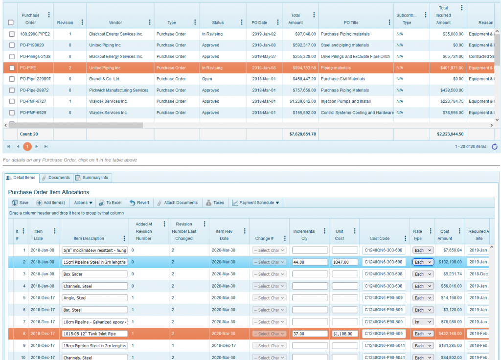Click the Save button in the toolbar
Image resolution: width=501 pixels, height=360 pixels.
point(20,202)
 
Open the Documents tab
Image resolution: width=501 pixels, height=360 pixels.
point(56,178)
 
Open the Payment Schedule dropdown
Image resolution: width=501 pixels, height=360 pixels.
point(256,202)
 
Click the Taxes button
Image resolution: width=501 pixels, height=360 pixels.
point(215,202)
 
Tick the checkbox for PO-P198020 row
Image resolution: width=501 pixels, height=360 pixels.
point(11,45)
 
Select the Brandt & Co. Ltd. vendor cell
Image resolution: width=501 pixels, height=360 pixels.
point(104,79)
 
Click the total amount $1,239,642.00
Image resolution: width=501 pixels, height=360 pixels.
point(299,101)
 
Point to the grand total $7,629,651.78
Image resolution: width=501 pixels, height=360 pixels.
point(299,134)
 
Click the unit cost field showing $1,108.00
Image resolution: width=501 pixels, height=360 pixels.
point(345,334)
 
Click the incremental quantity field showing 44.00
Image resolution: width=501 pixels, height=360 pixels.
point(310,262)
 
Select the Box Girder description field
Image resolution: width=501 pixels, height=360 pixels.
point(94,274)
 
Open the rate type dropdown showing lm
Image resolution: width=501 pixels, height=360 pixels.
point(423,322)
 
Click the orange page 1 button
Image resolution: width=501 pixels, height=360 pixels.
point(27,146)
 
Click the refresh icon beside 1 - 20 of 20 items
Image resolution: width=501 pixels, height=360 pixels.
point(494,146)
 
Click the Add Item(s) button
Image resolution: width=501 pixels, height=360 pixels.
point(50,202)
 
